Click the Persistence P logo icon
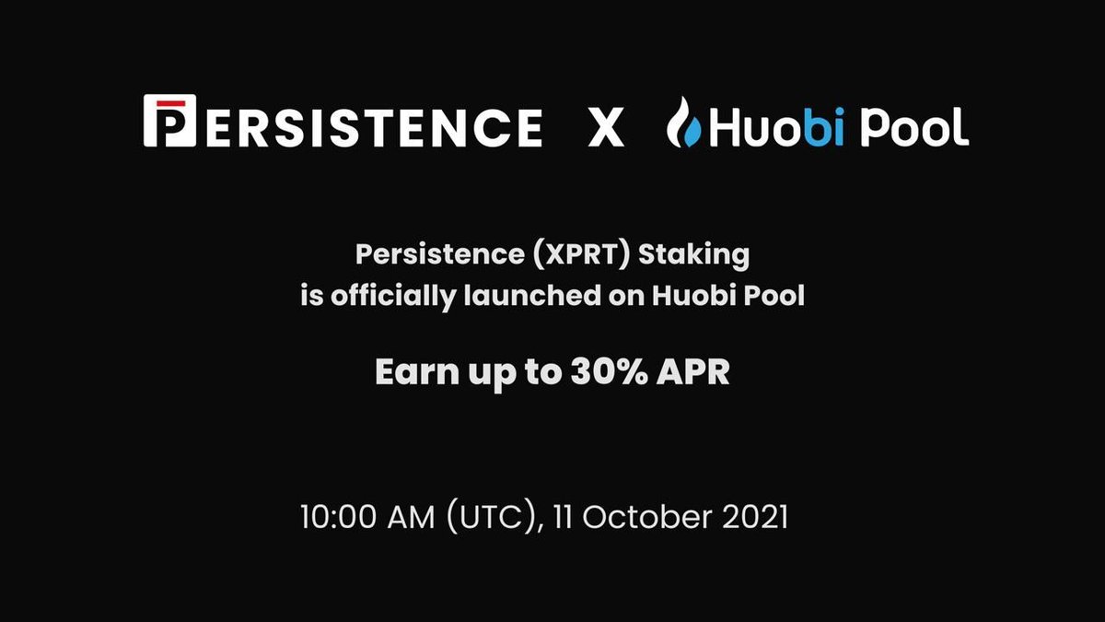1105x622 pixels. [169, 123]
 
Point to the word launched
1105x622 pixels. [528, 298]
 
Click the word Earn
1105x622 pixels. [411, 372]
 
